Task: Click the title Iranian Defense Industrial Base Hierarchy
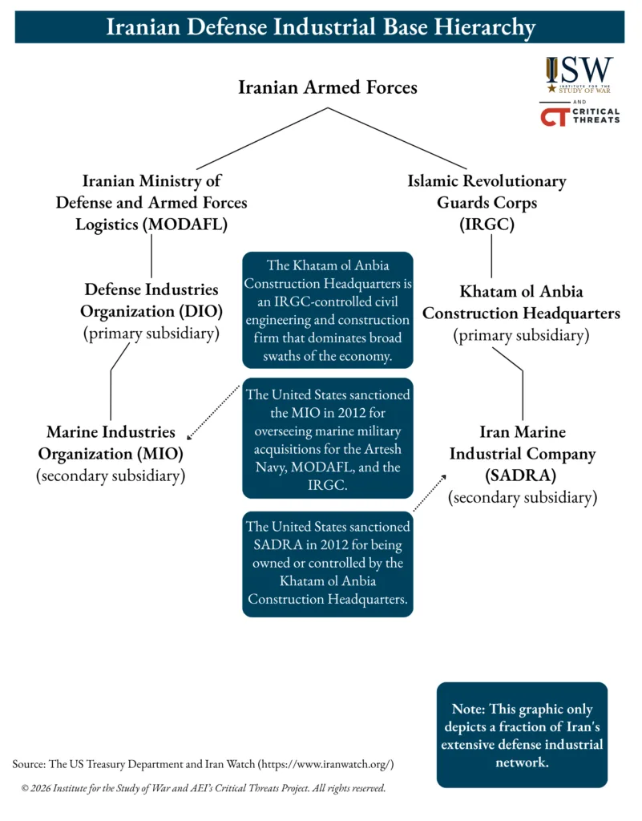[x=321, y=27]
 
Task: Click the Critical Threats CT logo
[x=579, y=115]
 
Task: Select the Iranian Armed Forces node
[x=327, y=87]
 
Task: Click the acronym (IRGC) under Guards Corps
[x=487, y=224]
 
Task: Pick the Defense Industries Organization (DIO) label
[x=151, y=300]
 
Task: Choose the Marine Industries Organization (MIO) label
[x=111, y=443]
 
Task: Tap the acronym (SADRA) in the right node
[x=523, y=475]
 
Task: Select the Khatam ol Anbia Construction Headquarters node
[x=521, y=303]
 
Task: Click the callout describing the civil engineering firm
[x=328, y=310]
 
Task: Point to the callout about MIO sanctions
[x=328, y=439]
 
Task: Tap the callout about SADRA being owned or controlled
[x=328, y=563]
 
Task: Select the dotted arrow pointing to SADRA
[x=430, y=491]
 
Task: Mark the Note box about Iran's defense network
[x=522, y=734]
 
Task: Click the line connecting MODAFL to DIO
[x=151, y=256]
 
